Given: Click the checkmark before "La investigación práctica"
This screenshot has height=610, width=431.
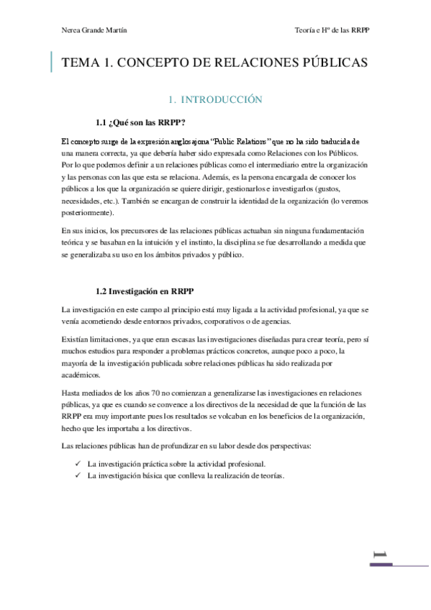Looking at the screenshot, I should tap(78, 463).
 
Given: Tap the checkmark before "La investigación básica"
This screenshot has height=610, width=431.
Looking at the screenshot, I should tap(78, 475).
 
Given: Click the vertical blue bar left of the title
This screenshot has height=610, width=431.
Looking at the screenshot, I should tap(51, 63).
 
